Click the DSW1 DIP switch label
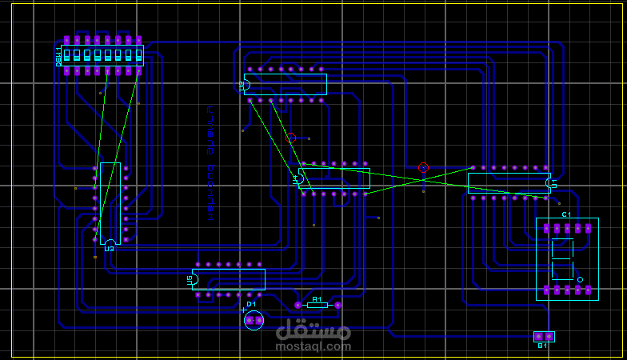tap(58, 55)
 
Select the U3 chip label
tap(110, 249)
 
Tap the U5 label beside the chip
tap(190, 279)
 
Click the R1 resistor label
tap(317, 299)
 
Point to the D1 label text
tap(251, 304)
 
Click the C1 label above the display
tap(566, 214)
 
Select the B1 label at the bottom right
tap(542, 346)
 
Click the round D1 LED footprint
tap(254, 320)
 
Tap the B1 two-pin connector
tap(544, 336)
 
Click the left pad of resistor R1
tap(298, 305)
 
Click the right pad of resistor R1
tap(337, 305)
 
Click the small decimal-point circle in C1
tap(581, 279)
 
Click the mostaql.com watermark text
tap(313, 346)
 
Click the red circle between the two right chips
tap(423, 167)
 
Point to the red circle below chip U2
tap(291, 138)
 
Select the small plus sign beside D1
tap(244, 310)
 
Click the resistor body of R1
tap(317, 305)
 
